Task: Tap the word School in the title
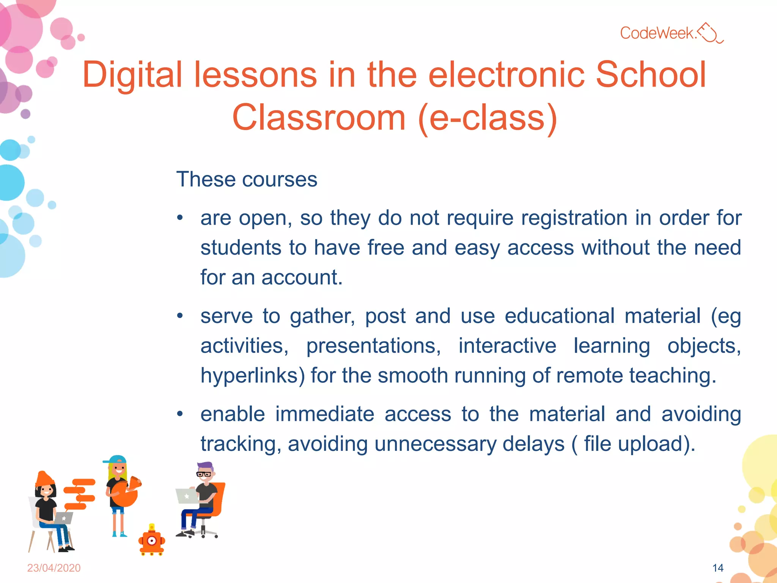pyautogui.click(x=651, y=75)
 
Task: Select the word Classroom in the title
pyautogui.click(x=319, y=118)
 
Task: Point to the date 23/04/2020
pyautogui.click(x=54, y=568)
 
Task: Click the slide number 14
pyautogui.click(x=718, y=568)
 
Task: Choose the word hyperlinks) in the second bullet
pyautogui.click(x=253, y=376)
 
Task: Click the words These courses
pyautogui.click(x=247, y=180)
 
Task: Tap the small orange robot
pyautogui.click(x=152, y=541)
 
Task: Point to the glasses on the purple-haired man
pyautogui.click(x=204, y=474)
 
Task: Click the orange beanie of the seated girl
pyautogui.click(x=44, y=479)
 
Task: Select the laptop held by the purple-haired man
pyautogui.click(x=187, y=496)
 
